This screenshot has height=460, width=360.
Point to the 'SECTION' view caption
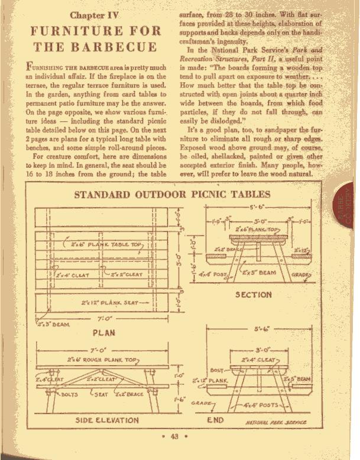click(254, 294)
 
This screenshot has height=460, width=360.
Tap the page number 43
click(174, 437)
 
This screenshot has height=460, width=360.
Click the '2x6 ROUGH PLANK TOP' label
click(102, 359)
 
